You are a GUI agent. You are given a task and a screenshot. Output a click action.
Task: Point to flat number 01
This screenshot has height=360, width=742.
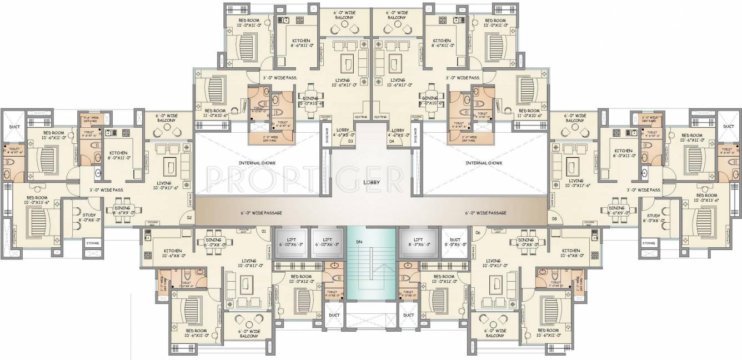(x=264, y=231)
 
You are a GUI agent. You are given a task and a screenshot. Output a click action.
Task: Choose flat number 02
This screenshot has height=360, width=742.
(x=189, y=218)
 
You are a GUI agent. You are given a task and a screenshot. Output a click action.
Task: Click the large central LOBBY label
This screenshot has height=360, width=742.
(x=371, y=182)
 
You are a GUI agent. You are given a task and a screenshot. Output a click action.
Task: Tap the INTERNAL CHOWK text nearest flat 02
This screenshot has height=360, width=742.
(x=257, y=163)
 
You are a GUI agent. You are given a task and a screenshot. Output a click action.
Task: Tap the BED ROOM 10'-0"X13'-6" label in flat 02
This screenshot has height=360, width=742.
(x=37, y=199)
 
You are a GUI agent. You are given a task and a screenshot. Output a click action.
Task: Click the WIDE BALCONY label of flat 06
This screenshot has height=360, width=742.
(x=494, y=333)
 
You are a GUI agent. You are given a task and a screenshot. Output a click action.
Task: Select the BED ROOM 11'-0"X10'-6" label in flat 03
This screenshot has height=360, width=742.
(x=214, y=114)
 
